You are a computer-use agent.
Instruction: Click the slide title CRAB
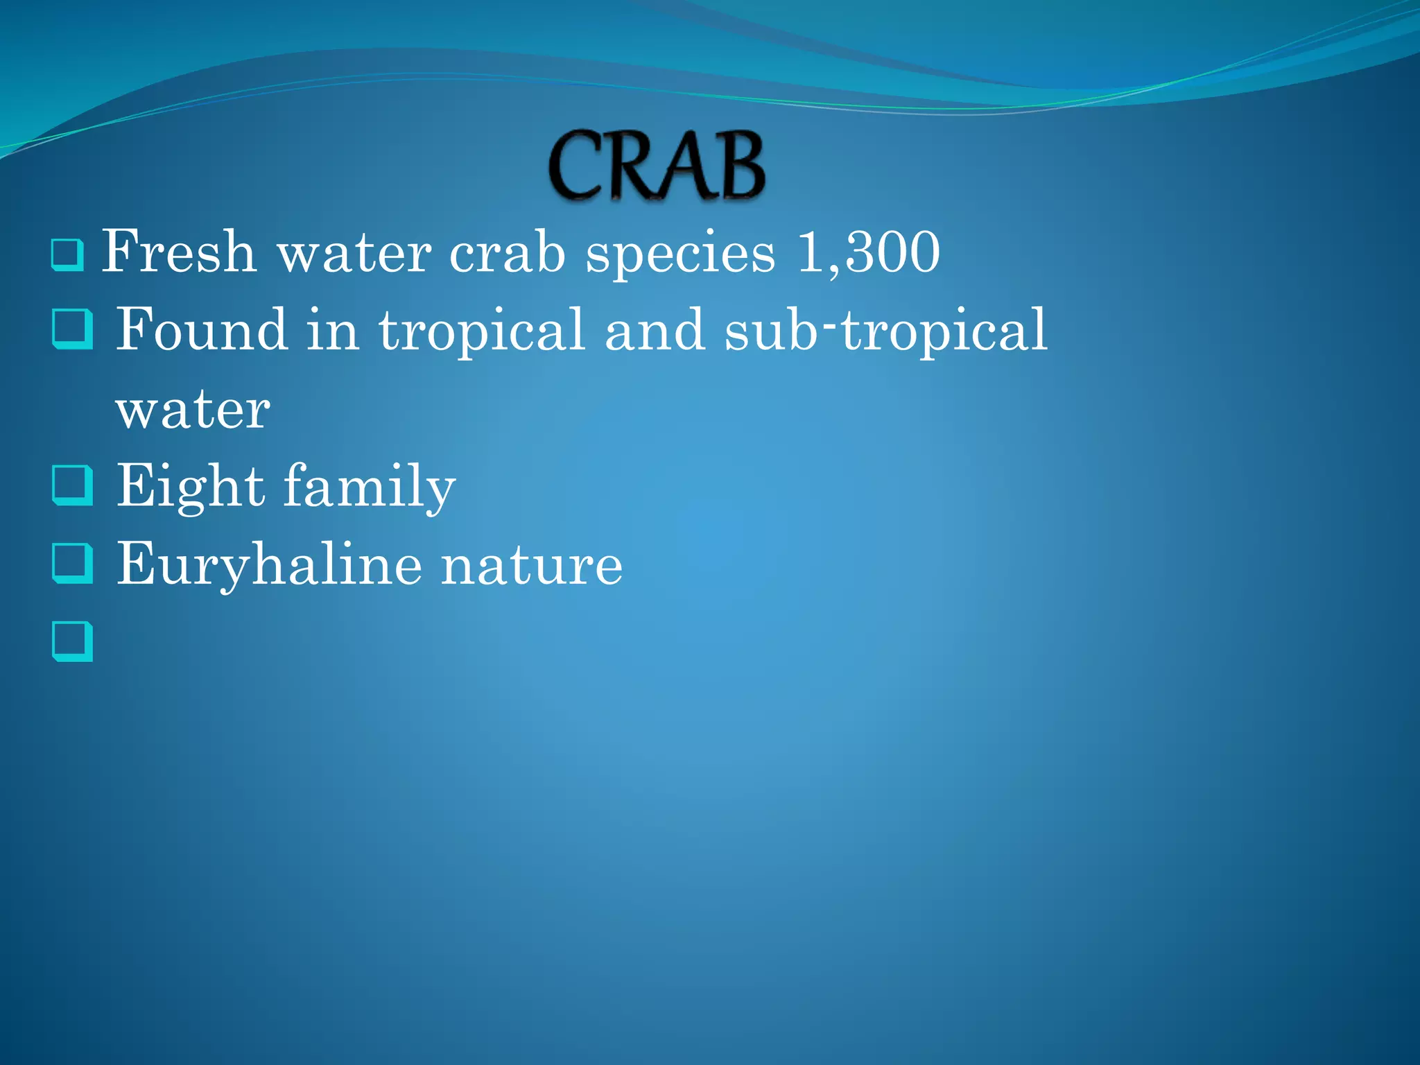point(657,166)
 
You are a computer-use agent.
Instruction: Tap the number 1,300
point(869,252)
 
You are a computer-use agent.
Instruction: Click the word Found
point(202,330)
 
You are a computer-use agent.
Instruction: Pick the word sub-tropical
point(885,331)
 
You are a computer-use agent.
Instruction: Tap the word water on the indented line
point(193,410)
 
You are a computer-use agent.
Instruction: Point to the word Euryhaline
point(269,565)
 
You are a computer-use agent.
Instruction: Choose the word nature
point(532,565)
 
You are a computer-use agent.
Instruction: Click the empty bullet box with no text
point(72,641)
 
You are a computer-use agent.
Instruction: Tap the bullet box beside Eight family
point(72,485)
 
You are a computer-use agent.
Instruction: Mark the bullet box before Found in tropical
point(72,329)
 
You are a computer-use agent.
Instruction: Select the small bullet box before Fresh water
point(67,254)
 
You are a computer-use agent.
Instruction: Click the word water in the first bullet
point(354,252)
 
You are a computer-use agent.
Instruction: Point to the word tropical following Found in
point(481,331)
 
